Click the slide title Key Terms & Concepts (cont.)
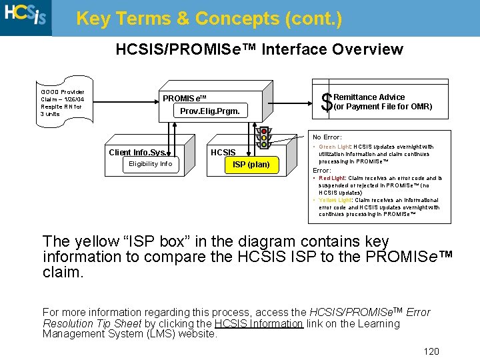[x=209, y=19]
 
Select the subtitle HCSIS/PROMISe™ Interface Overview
[x=259, y=49]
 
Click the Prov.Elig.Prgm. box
[x=210, y=110]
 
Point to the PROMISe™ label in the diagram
[x=185, y=98]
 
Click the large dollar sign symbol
[x=327, y=103]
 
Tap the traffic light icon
[x=264, y=137]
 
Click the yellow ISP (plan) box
[x=251, y=165]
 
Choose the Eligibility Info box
[x=150, y=163]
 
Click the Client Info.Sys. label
[x=138, y=152]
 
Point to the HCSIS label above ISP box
[x=223, y=153]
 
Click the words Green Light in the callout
[x=334, y=147]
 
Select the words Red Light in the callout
[x=332, y=178]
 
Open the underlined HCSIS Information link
[x=259, y=323]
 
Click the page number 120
[x=431, y=351]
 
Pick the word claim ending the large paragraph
[x=63, y=271]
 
